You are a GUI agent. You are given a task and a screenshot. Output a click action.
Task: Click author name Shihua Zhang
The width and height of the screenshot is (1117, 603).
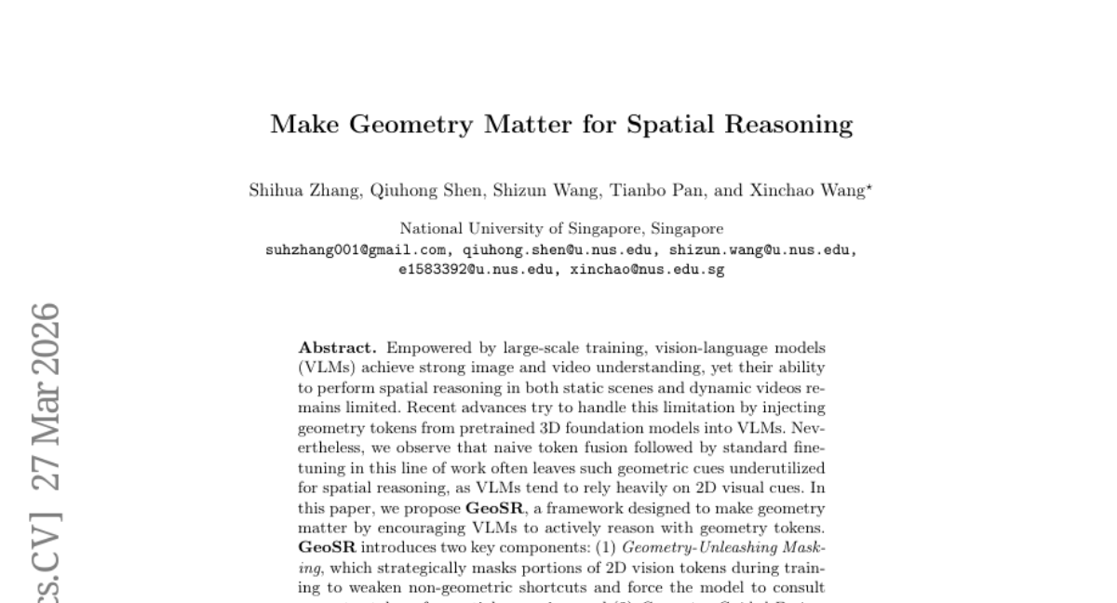tap(304, 192)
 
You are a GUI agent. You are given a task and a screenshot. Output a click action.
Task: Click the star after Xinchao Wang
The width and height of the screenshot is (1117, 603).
tap(869, 189)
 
